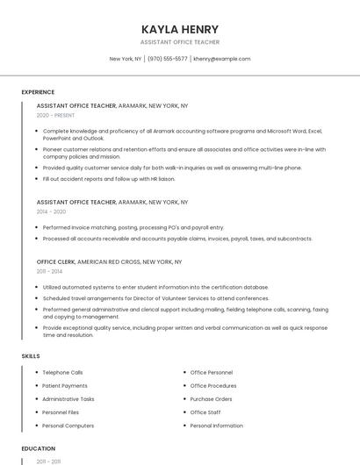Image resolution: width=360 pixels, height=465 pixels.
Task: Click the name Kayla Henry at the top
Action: pos(180,29)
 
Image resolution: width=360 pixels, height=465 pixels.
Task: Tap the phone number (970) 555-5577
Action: pos(167,59)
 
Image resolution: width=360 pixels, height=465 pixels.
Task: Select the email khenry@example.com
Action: pos(222,59)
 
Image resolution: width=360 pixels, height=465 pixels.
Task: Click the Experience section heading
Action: pos(38,92)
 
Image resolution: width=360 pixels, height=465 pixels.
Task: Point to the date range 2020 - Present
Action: pos(55,115)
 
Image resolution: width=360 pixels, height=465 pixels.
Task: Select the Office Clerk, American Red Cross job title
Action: pos(109,261)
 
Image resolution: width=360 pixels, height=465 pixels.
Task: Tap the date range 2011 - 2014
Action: pos(48,272)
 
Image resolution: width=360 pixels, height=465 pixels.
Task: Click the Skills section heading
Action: pos(30,356)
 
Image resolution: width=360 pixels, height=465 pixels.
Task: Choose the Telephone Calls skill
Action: pos(62,372)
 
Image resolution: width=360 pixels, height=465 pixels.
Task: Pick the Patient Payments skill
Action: pos(65,386)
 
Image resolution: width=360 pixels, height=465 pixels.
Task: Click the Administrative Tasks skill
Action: pos(68,399)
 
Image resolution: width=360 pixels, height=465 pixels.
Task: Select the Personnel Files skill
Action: pos(61,412)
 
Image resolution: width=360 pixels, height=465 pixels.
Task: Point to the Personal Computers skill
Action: pos(68,426)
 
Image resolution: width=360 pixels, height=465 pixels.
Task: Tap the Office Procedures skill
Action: pos(213,386)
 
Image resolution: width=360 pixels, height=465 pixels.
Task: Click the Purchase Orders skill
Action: pos(211,399)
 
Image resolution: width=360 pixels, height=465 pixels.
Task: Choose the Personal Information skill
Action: pos(216,426)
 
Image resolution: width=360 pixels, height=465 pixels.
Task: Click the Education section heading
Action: pos(38,448)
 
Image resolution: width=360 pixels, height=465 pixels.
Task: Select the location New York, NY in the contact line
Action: pos(126,59)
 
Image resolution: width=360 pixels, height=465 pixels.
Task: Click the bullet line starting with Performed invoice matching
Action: pos(133,227)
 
